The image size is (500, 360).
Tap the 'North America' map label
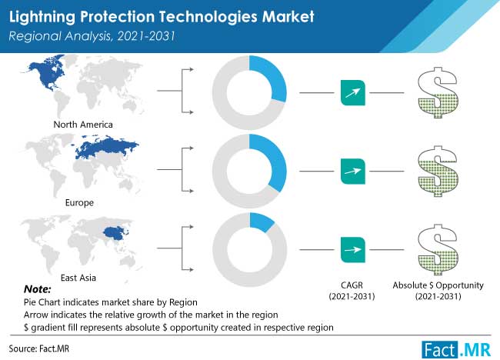(x=82, y=124)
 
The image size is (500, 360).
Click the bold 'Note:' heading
(x=38, y=289)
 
